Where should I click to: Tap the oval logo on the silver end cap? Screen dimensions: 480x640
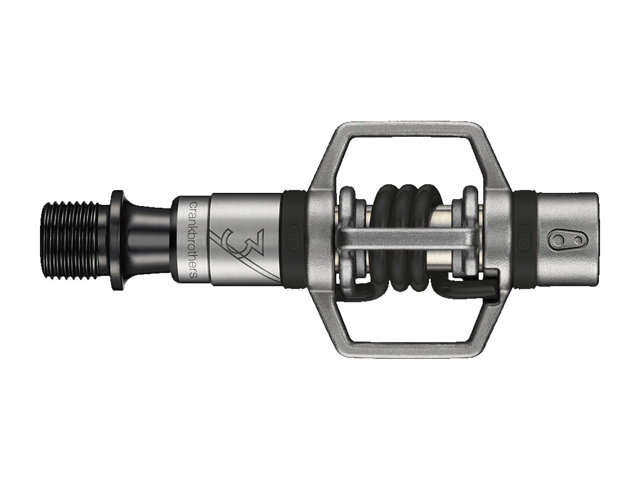point(565,240)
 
